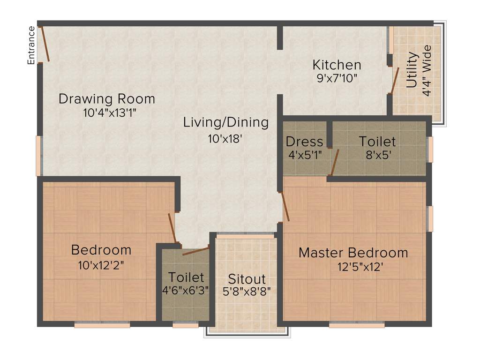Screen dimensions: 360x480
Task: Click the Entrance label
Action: coord(31,45)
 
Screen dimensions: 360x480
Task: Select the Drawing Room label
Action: coord(106,99)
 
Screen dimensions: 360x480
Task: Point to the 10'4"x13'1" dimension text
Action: coord(106,112)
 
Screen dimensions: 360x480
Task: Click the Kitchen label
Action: coord(337,64)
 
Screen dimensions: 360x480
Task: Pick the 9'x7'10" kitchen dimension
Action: coord(337,78)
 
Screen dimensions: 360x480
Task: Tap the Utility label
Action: coord(412,71)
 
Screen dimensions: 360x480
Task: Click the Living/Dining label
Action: coord(226,123)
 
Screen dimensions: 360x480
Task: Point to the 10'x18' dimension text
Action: coord(226,139)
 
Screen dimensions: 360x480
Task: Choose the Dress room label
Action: coord(304,141)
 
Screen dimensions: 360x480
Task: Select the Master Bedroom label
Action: coord(353,253)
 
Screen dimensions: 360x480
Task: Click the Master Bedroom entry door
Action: coord(285,206)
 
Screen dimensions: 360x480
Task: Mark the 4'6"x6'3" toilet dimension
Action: coord(186,290)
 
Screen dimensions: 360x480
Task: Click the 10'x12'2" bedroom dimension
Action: coord(101,264)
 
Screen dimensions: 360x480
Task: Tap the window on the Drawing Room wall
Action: coord(38,156)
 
